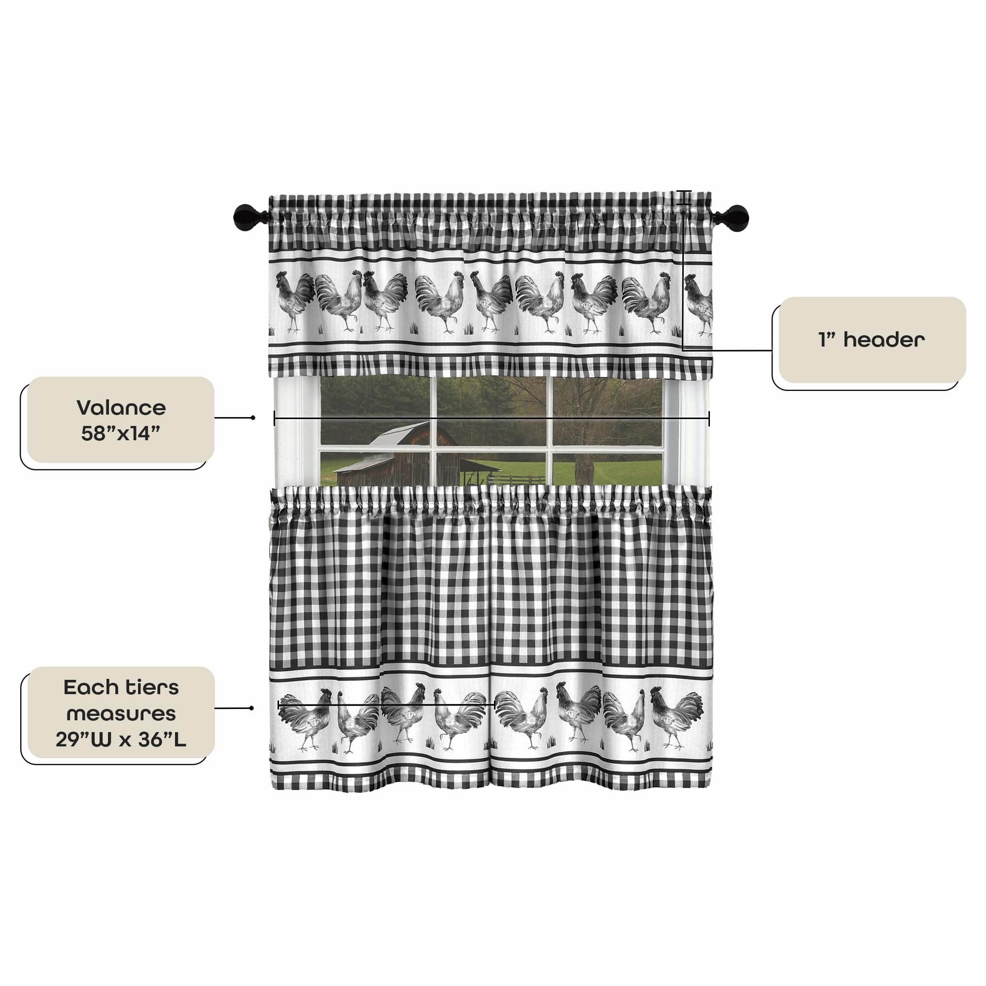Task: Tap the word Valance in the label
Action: [121, 408]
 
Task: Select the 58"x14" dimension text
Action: [121, 433]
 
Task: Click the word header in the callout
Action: [884, 340]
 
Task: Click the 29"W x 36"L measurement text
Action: [121, 739]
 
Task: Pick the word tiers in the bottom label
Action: [150, 687]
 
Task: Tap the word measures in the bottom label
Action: [121, 713]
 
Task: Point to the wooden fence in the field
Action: [516, 479]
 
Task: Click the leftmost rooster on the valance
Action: [294, 301]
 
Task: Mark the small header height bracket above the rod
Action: [683, 198]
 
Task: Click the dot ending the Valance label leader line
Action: [253, 418]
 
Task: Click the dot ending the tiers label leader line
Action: [251, 708]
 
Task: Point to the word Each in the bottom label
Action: [90, 687]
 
